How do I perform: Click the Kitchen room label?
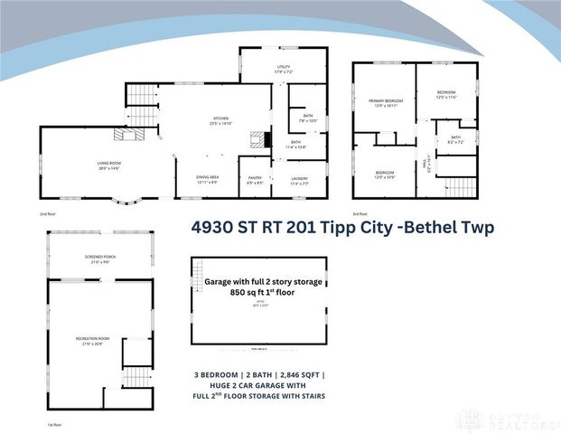coord(220,121)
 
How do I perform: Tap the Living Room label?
coord(109,165)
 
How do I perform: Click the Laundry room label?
coord(299,180)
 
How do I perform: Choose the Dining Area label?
coord(207,180)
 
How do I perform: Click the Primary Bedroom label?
coord(385,103)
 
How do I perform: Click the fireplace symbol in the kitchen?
coord(260,139)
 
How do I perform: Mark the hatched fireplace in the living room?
coord(126,136)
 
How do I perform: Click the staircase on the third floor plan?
coord(462,186)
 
